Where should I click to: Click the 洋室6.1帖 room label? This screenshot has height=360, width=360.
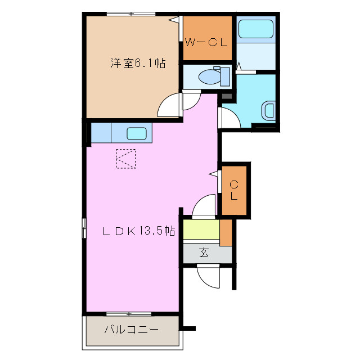(137, 64)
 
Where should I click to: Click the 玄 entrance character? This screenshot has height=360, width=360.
(204, 253)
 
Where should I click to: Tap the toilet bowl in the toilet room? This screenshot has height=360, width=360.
(211, 75)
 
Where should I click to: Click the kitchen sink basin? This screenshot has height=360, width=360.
(137, 134)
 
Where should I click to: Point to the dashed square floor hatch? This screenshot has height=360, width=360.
(126, 158)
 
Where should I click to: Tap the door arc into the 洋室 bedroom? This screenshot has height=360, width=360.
(169, 105)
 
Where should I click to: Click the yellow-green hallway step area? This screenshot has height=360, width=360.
(200, 230)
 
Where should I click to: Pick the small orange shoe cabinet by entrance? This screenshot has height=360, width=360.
(226, 233)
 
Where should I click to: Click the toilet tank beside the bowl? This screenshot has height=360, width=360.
(226, 75)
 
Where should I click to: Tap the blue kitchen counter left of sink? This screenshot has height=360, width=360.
(101, 133)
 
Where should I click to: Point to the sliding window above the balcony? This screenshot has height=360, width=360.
(129, 313)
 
